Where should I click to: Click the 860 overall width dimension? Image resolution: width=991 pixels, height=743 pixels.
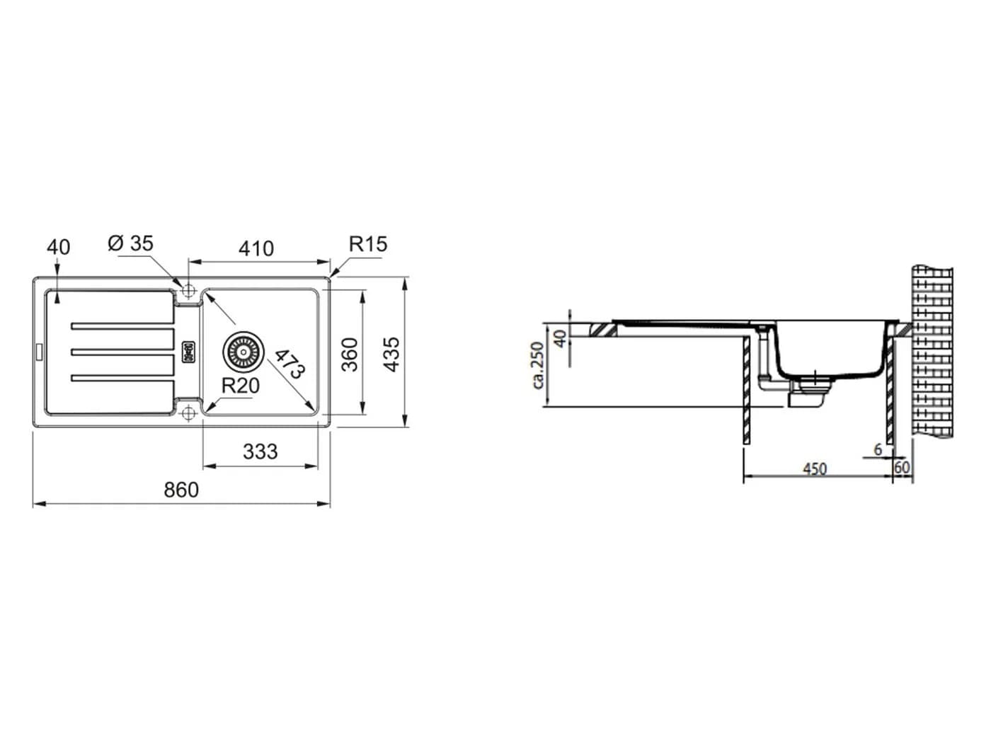pyautogui.click(x=181, y=490)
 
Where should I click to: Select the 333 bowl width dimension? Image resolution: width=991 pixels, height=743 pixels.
pyautogui.click(x=260, y=451)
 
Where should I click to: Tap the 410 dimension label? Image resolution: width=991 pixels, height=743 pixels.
pyautogui.click(x=256, y=248)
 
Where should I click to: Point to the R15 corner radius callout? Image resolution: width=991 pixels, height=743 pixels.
pyautogui.click(x=368, y=244)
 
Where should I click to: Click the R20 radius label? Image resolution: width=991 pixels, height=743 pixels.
pyautogui.click(x=241, y=386)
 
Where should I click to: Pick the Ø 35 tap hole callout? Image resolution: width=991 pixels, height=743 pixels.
pyautogui.click(x=131, y=243)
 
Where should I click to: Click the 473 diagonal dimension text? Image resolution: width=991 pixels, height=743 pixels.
pyautogui.click(x=290, y=363)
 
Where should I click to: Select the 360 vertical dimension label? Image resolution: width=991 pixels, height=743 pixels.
pyautogui.click(x=350, y=355)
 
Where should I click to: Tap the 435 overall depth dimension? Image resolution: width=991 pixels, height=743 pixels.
pyautogui.click(x=391, y=354)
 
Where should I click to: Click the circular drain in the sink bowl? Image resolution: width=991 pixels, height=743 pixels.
pyautogui.click(x=244, y=352)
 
